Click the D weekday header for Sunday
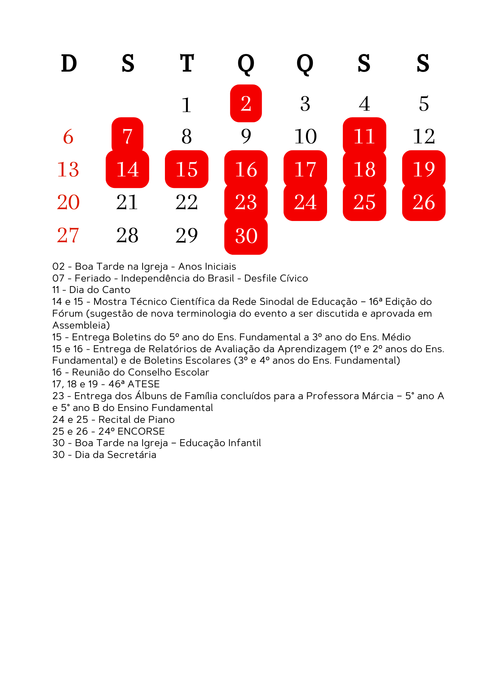pos(69,64)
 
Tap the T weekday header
pos(187,64)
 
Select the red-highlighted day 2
pos(246,103)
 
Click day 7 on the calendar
pos(127,136)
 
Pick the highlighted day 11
pos(364,136)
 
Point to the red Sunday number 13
pos(68,169)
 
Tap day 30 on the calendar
pos(246,236)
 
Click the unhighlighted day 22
pos(187,202)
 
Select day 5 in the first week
pos(424,104)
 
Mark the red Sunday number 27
pos(68,235)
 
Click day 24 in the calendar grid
pos(305,202)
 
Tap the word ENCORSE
pos(141,432)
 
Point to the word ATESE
pos(143,384)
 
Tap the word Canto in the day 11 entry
pos(119,290)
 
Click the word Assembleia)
pos(81,325)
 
